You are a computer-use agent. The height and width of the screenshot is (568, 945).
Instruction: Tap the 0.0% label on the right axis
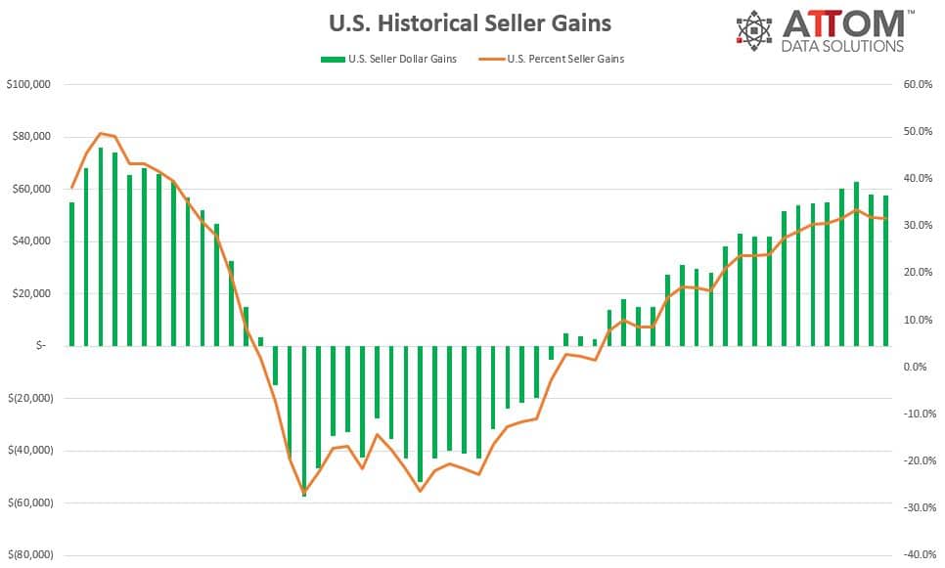tap(914, 367)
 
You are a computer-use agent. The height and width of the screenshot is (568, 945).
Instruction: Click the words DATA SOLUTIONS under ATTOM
tap(842, 46)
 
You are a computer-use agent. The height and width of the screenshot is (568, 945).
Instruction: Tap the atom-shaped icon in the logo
tap(754, 31)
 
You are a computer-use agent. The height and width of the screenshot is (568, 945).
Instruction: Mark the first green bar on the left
tap(71, 274)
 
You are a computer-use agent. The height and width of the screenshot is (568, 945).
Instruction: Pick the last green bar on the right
tap(886, 271)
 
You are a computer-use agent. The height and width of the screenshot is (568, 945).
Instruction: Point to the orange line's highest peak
tap(101, 133)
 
